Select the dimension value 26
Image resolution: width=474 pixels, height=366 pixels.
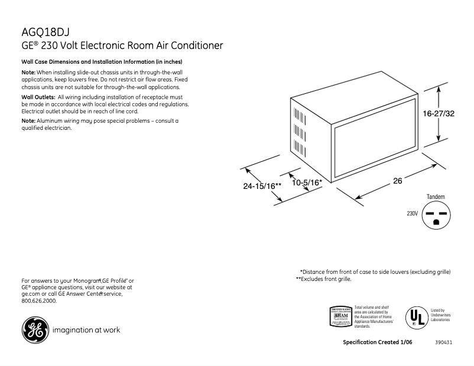click(x=397, y=181)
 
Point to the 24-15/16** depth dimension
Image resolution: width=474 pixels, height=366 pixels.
click(x=262, y=185)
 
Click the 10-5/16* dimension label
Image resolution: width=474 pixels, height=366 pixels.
click(x=307, y=182)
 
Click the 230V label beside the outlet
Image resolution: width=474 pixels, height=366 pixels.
click(x=412, y=213)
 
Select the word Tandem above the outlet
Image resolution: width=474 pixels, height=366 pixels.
click(x=436, y=197)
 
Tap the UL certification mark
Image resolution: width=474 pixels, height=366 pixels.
click(x=415, y=316)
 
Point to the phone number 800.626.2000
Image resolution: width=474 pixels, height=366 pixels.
click(x=39, y=300)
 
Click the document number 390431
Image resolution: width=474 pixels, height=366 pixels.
click(x=444, y=342)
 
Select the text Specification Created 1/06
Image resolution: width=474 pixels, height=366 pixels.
click(x=377, y=342)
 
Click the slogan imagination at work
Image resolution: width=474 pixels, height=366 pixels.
click(x=86, y=330)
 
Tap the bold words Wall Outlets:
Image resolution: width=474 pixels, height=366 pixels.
click(x=38, y=97)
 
